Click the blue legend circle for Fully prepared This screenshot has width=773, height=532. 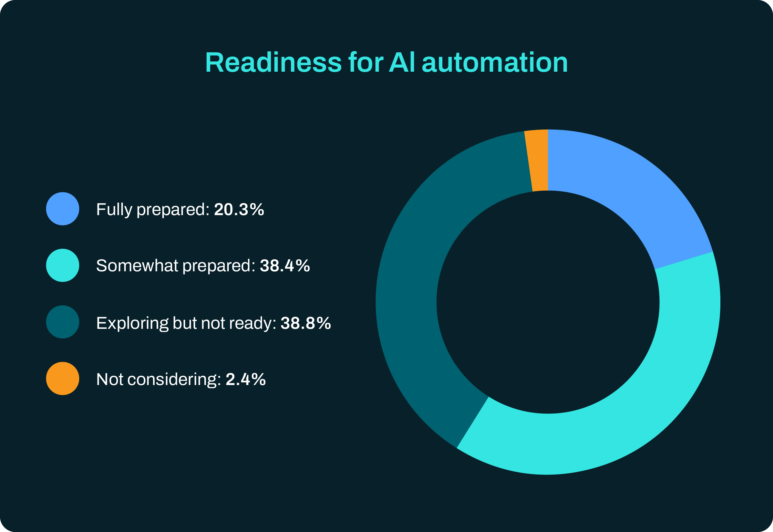click(63, 209)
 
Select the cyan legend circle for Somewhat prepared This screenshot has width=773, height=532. click(63, 265)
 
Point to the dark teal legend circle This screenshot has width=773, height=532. click(63, 322)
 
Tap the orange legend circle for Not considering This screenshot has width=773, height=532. click(63, 379)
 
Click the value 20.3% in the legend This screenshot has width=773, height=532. click(239, 210)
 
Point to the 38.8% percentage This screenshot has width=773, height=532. click(306, 323)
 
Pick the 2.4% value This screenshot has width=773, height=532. click(246, 380)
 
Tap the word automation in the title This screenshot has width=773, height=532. click(495, 63)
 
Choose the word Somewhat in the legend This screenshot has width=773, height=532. click(137, 266)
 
